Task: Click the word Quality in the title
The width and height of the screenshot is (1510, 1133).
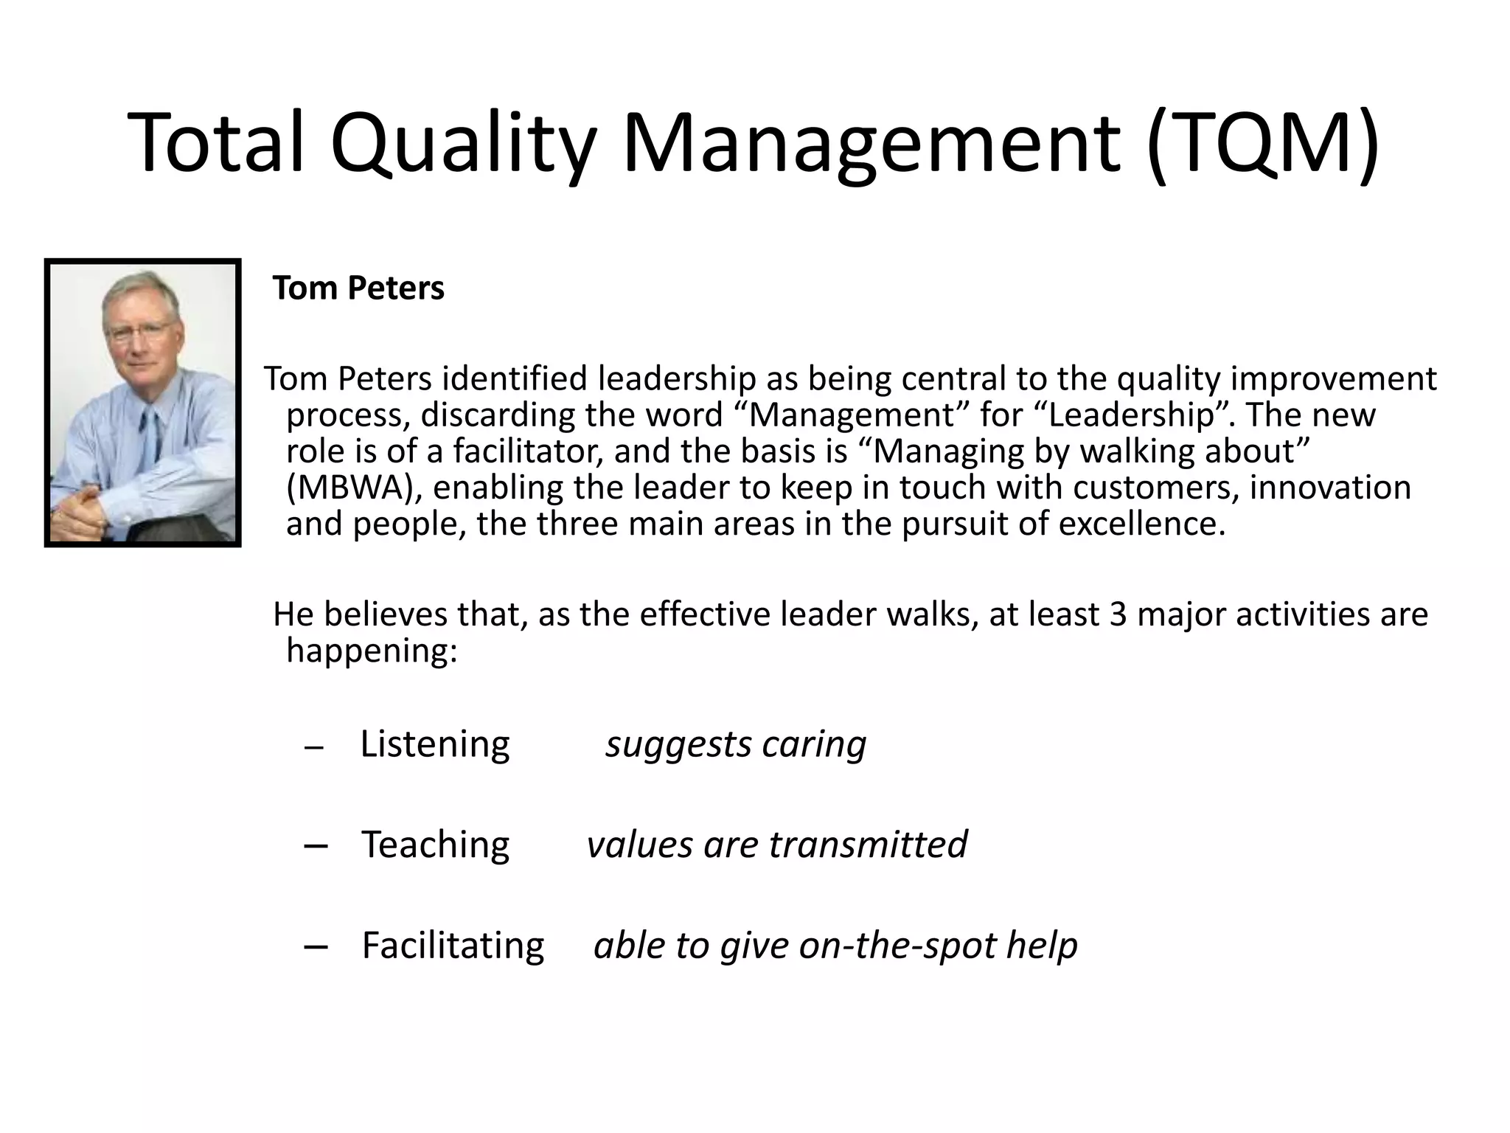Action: coord(462,142)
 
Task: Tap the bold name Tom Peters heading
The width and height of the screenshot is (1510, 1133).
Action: coord(358,288)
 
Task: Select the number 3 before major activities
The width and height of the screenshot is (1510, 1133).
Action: coord(1118,614)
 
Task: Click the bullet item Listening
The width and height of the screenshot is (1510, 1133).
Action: coord(435,744)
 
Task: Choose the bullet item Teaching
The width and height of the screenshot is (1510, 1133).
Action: coord(435,845)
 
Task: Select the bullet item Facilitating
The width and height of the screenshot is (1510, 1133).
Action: coord(453,946)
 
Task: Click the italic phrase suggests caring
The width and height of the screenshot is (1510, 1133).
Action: coord(736,744)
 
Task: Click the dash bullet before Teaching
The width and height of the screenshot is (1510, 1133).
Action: coord(316,847)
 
